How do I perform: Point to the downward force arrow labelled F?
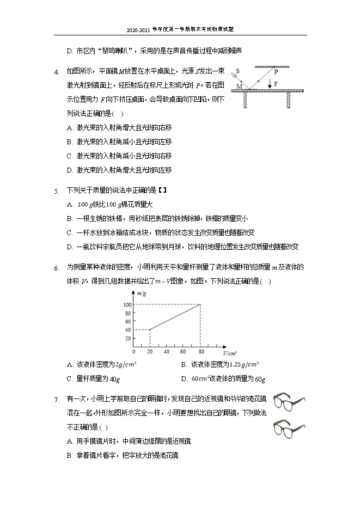coord(270,83)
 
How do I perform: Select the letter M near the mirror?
coord(239,86)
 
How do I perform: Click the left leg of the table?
coord(246,100)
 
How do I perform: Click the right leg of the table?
coord(289,100)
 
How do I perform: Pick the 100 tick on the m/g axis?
coord(127,304)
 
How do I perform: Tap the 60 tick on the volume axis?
coord(184,351)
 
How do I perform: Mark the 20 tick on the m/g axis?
coord(129,338)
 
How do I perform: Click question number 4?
coord(56,71)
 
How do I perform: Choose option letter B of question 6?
coord(184,364)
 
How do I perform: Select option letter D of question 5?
coord(69,247)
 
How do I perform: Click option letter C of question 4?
coord(69,156)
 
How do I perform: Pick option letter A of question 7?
coord(69,440)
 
